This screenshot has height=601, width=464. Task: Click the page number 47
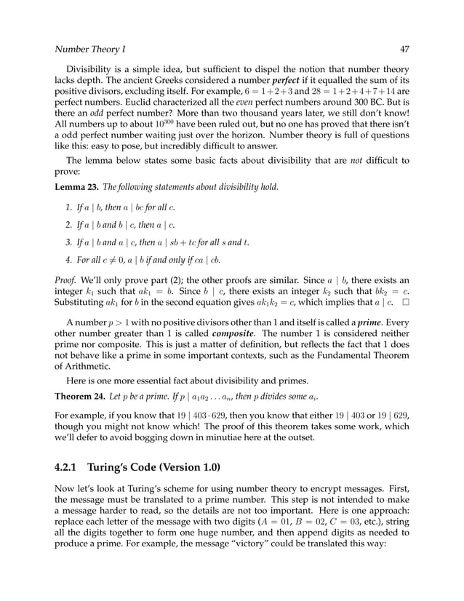pos(404,49)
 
